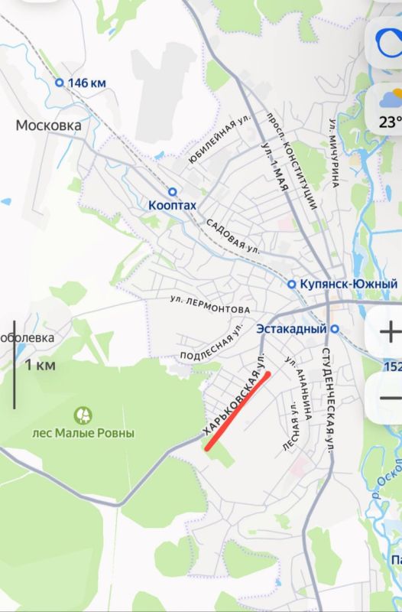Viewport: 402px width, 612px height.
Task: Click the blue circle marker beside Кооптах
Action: (173, 192)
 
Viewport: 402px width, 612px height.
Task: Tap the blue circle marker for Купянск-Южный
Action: (291, 285)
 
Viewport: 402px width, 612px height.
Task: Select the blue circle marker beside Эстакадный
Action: (334, 329)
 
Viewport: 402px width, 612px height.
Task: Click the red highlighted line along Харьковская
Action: (237, 412)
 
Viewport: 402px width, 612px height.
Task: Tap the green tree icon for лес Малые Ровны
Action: (83, 415)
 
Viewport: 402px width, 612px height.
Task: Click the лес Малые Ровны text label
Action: (83, 433)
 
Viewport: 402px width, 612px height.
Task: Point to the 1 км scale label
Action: (41, 365)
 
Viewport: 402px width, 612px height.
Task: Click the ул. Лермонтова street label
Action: (209, 304)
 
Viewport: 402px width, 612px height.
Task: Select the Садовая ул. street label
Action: (233, 236)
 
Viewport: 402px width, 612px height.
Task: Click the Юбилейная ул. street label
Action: (220, 141)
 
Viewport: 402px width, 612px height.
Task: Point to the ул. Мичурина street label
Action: (334, 153)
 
